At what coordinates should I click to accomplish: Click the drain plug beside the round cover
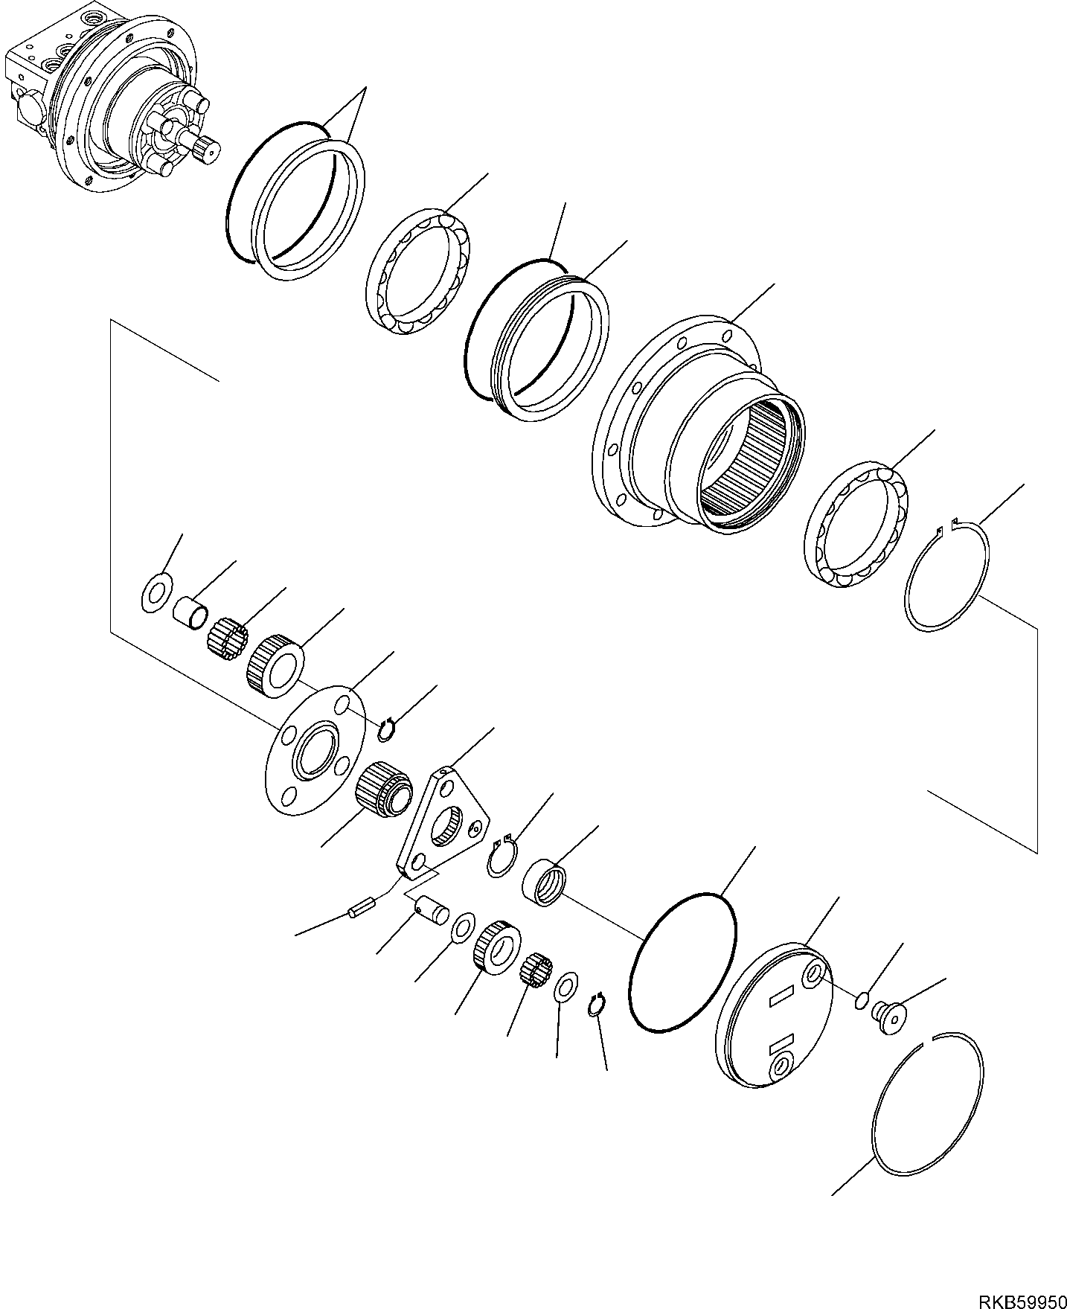click(888, 1017)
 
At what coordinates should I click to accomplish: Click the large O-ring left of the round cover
click(682, 963)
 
